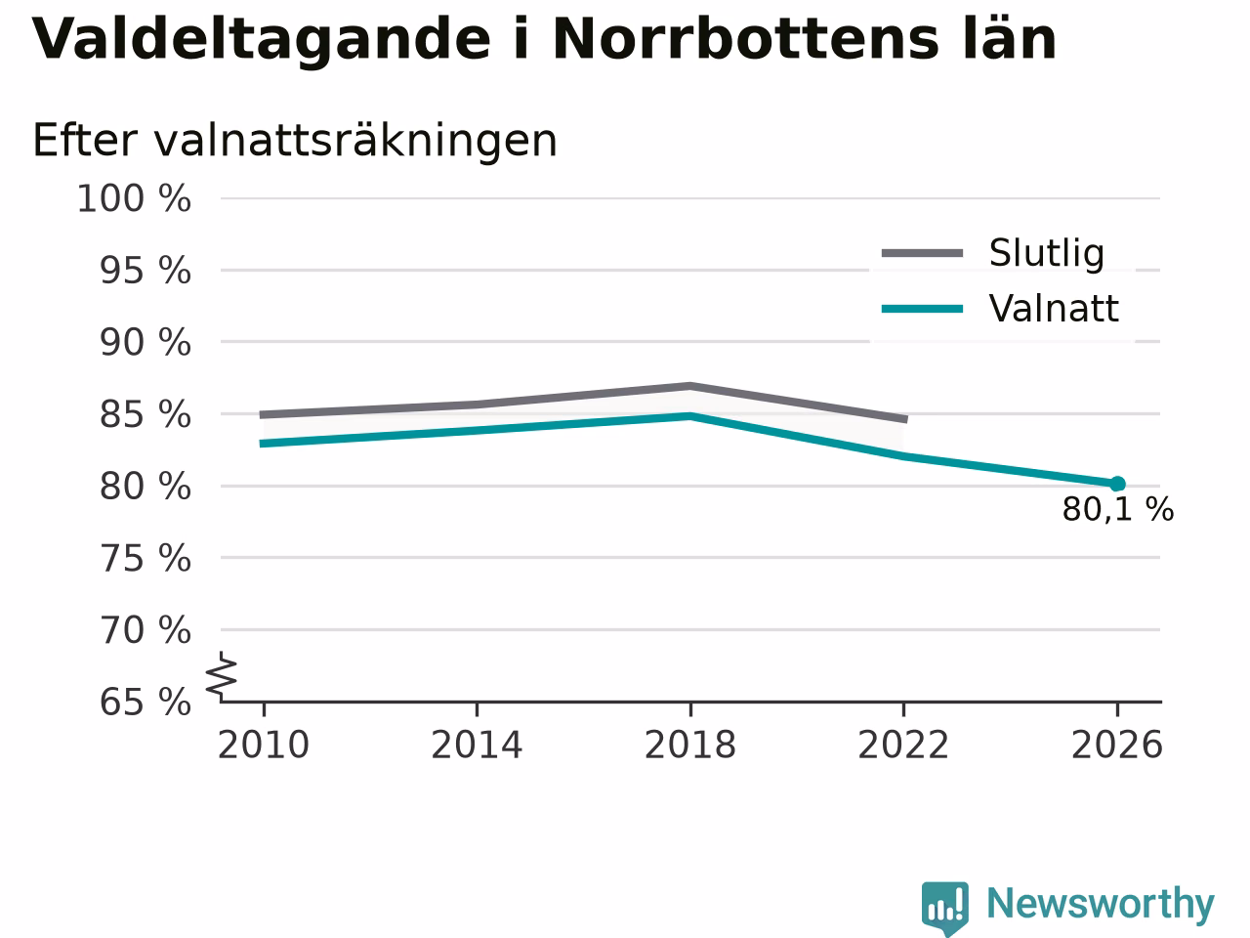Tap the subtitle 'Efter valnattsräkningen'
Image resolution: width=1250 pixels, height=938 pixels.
(x=294, y=141)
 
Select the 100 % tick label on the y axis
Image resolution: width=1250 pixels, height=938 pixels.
(x=134, y=199)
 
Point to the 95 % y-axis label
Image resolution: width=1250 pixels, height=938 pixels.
(x=146, y=271)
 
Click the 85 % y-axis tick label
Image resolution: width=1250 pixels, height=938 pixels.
(x=146, y=414)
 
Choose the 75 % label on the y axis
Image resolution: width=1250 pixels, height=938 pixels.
(x=146, y=558)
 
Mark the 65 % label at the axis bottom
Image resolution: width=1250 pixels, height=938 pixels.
(x=146, y=703)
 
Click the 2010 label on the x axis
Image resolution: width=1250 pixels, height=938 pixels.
(x=263, y=745)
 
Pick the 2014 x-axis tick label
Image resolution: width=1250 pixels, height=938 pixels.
(x=477, y=745)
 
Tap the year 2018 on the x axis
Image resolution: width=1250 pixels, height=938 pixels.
(x=690, y=745)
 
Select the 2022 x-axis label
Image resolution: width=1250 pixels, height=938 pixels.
(x=903, y=745)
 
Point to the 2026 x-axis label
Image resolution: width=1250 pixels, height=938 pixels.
(x=1117, y=745)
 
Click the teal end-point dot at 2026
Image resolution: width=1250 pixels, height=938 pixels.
(x=1117, y=484)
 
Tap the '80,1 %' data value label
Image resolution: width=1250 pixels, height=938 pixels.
(x=1118, y=509)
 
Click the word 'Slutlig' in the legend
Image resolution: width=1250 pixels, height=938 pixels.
(x=1047, y=253)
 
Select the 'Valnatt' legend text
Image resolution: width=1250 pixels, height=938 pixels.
(x=1054, y=309)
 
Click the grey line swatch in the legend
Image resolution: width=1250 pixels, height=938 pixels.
(x=922, y=253)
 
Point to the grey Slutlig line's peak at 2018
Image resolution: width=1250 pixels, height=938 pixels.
(x=690, y=387)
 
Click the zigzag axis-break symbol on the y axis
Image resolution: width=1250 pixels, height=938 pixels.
(x=222, y=675)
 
